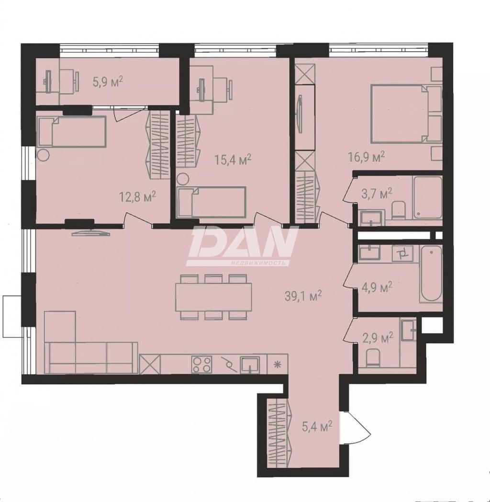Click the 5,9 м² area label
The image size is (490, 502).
(x=108, y=82)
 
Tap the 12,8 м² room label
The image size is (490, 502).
(x=137, y=196)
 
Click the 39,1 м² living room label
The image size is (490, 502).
(x=303, y=296)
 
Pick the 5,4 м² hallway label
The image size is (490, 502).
(x=317, y=426)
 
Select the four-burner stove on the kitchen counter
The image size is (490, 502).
(x=202, y=365)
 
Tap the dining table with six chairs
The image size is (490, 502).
(x=213, y=297)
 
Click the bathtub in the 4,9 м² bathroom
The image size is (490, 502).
(x=431, y=274)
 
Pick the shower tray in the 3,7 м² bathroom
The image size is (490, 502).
(x=428, y=197)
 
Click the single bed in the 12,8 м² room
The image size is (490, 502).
(x=72, y=132)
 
